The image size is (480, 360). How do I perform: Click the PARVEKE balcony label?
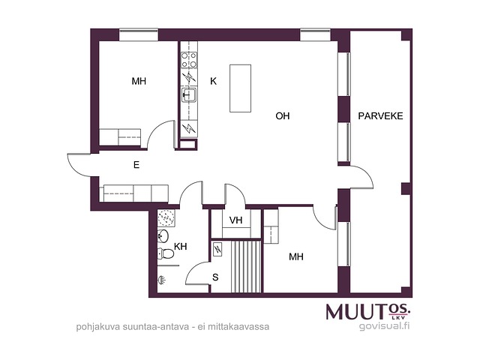pos(380,116)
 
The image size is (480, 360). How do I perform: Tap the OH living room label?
pos(283,116)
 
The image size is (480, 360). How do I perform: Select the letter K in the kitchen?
pos(213,81)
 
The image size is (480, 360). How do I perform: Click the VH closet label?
pos(235,220)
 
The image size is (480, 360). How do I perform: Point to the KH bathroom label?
pos(180,247)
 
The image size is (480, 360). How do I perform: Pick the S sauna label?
pos(215,277)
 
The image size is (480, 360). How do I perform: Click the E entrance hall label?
pos(136,165)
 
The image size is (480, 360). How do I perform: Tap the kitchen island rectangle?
pos(240,88)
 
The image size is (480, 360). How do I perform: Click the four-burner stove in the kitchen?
pos(189,60)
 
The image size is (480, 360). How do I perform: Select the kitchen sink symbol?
pos(189,94)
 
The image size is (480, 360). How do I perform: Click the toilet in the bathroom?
pos(166,253)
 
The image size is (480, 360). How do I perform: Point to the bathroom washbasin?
pos(163,236)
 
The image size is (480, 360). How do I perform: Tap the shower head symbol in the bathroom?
pos(162,280)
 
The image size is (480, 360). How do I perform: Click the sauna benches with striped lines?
pos(246,267)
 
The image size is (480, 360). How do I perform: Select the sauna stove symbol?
pos(217,250)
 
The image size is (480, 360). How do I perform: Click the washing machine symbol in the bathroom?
pos(166,218)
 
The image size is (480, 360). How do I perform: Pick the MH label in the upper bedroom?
pos(139,81)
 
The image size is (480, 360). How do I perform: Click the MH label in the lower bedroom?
pos(296,256)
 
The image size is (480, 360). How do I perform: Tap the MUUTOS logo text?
pos(368,312)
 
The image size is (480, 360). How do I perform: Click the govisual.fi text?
pos(385,326)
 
